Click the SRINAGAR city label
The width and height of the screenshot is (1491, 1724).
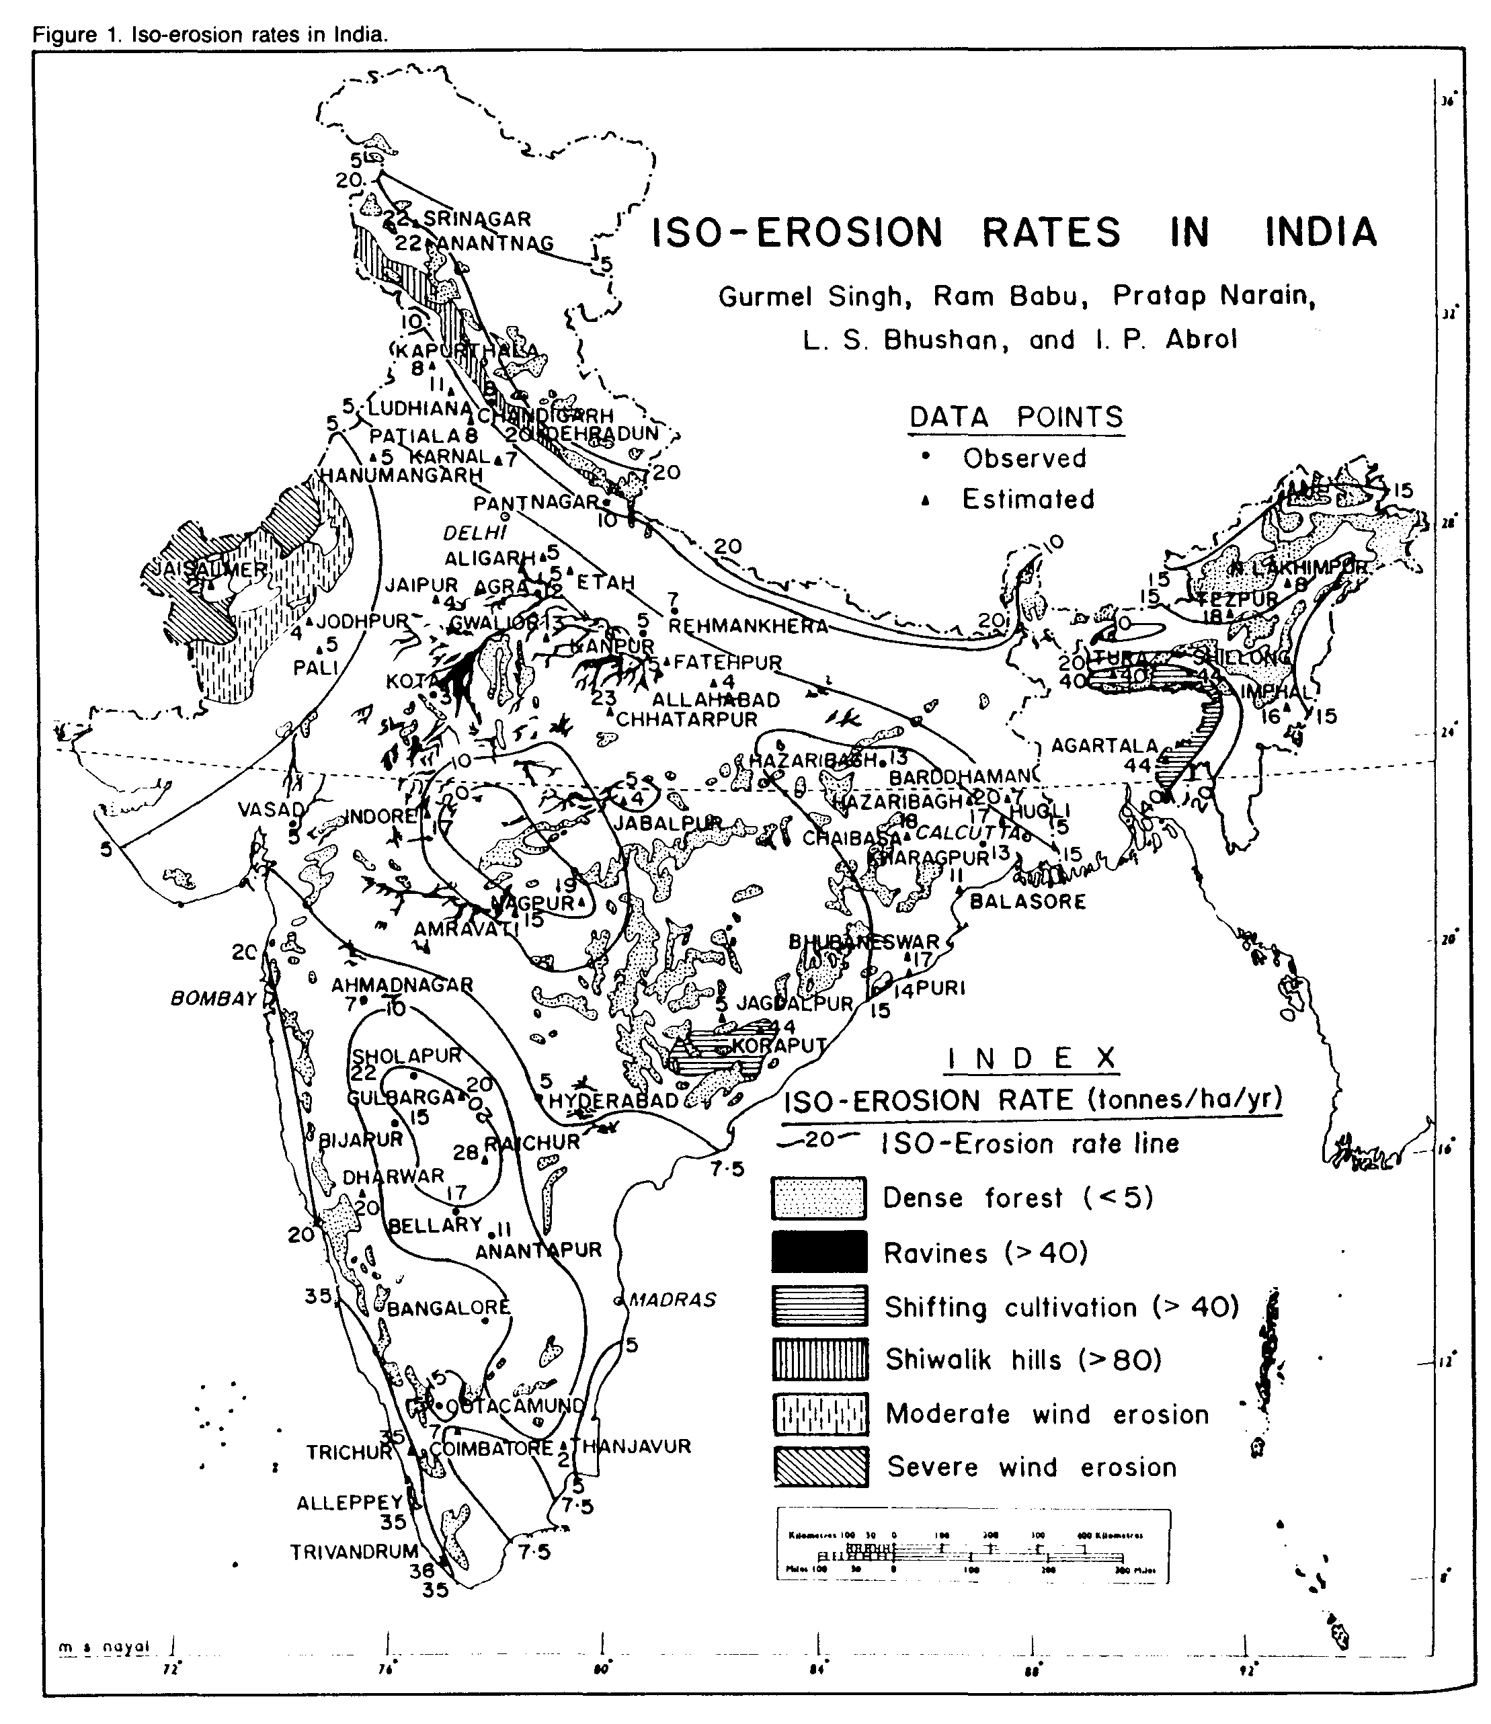[x=477, y=219]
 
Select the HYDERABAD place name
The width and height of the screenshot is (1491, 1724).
[x=613, y=1100]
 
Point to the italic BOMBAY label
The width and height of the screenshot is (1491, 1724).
[x=213, y=999]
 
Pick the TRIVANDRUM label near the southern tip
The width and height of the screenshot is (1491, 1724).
[x=354, y=1551]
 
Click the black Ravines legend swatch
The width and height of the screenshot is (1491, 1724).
[x=819, y=1252]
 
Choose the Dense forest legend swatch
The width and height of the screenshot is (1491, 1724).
[x=819, y=1198]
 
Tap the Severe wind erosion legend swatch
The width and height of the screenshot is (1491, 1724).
[x=819, y=1467]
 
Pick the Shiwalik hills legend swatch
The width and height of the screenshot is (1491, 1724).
[x=819, y=1360]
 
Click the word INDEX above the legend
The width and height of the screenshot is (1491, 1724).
[x=1033, y=1059]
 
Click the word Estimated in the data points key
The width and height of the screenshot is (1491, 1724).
[x=1028, y=499]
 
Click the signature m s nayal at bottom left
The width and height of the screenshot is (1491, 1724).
[x=104, y=1647]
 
